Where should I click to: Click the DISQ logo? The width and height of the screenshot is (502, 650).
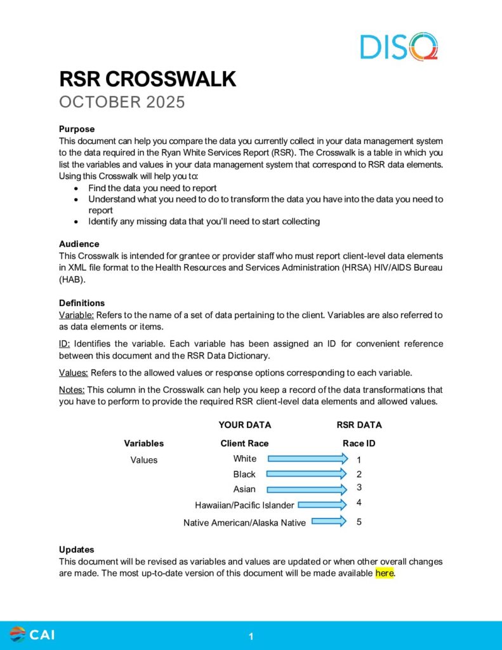pyautogui.click(x=399, y=46)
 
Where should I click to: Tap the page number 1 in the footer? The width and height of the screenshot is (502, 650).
pyautogui.click(x=251, y=636)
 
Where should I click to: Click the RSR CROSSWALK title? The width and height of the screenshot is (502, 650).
pyautogui.click(x=147, y=79)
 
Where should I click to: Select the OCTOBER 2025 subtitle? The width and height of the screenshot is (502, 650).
pyautogui.click(x=122, y=102)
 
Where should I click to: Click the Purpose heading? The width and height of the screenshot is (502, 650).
pyautogui.click(x=77, y=129)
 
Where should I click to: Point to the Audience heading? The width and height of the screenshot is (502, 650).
pyautogui.click(x=79, y=244)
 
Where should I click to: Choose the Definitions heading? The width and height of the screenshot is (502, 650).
pyautogui.click(x=82, y=303)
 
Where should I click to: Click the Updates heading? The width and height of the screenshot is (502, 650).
pyautogui.click(x=76, y=550)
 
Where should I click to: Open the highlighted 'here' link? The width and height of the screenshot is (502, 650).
pyautogui.click(x=385, y=573)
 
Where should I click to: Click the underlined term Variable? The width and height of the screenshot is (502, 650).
pyautogui.click(x=76, y=315)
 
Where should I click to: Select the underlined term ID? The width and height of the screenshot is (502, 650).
pyautogui.click(x=66, y=344)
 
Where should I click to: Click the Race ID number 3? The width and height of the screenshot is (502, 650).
pyautogui.click(x=359, y=487)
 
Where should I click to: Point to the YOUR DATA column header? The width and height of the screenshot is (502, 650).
pyautogui.click(x=244, y=425)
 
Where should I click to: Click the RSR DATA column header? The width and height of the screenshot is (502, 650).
pyautogui.click(x=359, y=425)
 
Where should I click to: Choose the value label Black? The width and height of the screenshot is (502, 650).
pyautogui.click(x=244, y=474)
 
